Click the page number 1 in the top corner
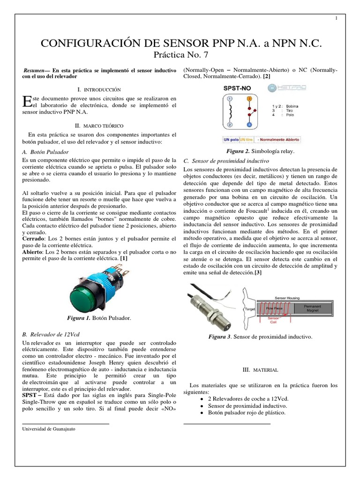point(336,18)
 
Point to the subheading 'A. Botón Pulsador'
point(45,152)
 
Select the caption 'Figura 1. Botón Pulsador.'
point(99,318)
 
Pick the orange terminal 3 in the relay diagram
point(249,99)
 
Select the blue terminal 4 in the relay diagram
point(249,125)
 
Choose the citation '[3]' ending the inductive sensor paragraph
point(258,272)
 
